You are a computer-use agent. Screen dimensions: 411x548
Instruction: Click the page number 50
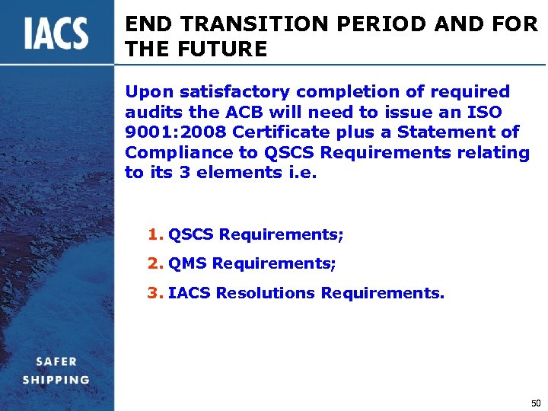(536, 402)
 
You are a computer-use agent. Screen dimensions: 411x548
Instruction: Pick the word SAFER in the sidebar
(56, 362)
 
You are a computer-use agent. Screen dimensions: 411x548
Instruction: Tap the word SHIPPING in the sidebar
(56, 380)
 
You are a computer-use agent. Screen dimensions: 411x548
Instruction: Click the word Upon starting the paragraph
(144, 92)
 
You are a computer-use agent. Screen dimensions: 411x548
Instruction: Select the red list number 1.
(155, 235)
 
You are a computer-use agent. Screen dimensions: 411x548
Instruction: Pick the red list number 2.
(155, 263)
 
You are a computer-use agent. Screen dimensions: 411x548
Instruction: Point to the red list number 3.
(155, 292)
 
